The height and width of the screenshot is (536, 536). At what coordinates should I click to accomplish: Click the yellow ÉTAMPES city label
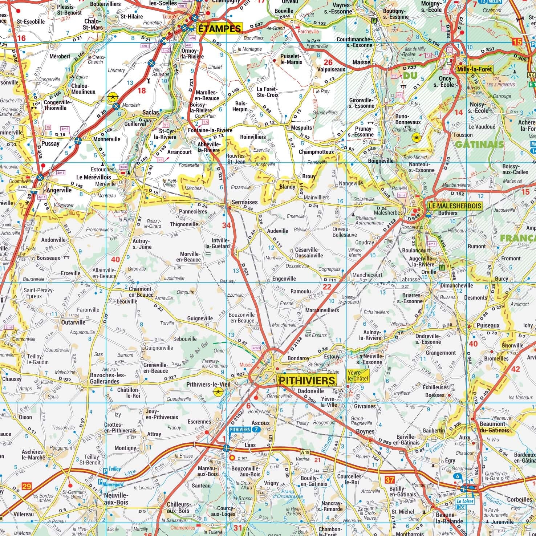pos(219,29)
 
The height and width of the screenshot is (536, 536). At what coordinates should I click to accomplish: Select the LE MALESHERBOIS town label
pos(455,206)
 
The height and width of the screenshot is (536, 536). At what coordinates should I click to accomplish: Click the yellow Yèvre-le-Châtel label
pos(358,375)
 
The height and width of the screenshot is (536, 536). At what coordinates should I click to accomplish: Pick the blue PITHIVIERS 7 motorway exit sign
pos(245,429)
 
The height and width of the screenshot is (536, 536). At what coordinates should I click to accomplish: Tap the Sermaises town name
pos(244,202)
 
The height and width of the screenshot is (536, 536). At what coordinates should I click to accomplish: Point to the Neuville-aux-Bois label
pos(116,499)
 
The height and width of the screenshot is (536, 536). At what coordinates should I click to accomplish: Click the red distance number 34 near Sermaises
pos(226,226)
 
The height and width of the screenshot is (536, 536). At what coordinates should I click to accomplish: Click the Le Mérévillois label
pos(94,178)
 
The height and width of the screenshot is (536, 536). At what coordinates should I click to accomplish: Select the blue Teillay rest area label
pos(114,469)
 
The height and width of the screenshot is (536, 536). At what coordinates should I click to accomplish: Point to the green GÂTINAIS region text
pos(479,144)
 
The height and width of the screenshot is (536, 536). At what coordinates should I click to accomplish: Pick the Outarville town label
pos(73,322)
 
